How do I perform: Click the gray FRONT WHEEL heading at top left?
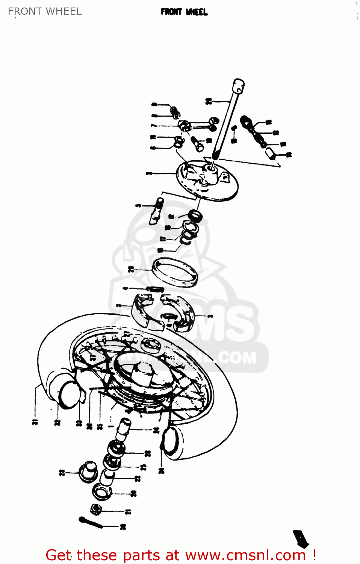(45, 11)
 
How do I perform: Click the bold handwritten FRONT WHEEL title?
(184, 12)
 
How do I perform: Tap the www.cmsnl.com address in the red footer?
(245, 555)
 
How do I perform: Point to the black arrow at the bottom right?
(301, 538)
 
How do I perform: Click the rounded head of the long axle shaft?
(238, 85)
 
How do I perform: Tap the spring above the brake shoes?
(155, 289)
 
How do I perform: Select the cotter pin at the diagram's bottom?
(91, 522)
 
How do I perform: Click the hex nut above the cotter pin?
(96, 510)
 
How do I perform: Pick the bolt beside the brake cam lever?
(197, 143)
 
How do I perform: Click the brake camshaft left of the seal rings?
(156, 212)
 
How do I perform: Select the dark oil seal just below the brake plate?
(195, 216)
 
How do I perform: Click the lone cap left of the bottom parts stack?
(88, 472)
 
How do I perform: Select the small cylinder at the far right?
(271, 153)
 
